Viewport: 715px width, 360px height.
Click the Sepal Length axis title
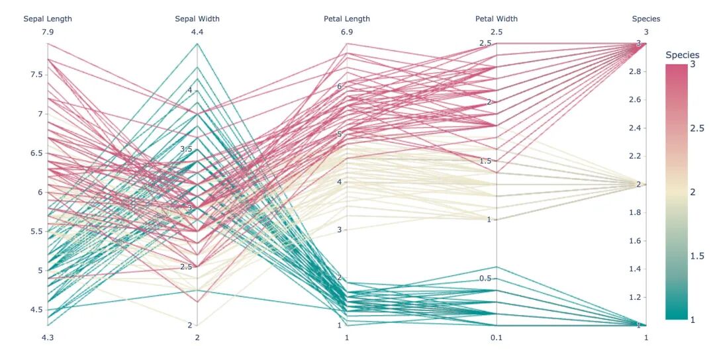coord(48,19)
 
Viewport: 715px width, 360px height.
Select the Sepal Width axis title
coord(197,19)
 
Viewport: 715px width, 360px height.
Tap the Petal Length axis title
coord(347,19)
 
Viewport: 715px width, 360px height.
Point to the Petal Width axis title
coord(497,19)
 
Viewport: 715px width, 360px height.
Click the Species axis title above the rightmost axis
coord(646,19)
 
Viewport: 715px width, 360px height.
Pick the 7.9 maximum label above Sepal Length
coord(48,32)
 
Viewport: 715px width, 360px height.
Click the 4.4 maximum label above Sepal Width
coord(197,32)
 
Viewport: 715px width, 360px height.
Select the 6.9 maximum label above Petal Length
coord(347,32)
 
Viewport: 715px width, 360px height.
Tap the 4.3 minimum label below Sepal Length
coord(48,337)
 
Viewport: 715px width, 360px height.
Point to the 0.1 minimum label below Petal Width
coord(497,337)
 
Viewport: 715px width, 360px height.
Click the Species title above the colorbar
coord(682,55)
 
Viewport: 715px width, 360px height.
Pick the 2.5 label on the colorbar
coord(696,128)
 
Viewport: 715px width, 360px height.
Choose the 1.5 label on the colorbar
coord(696,256)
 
